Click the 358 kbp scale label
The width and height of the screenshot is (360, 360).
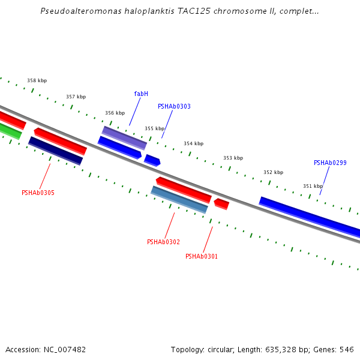pos(37,80)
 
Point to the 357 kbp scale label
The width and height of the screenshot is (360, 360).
pos(76,97)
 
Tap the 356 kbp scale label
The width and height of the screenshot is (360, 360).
pos(115,113)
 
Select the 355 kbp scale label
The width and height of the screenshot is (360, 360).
pos(154,128)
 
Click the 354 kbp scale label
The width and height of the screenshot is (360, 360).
pos(193,143)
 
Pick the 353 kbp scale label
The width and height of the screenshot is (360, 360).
pos(233,158)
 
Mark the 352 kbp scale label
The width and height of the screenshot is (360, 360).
pos(273,172)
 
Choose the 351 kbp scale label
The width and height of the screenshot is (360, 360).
pos(313,186)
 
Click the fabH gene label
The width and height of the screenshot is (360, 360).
pos(141,94)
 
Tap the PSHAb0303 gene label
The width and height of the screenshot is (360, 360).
pos(174,106)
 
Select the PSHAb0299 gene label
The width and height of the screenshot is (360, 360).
pos(330,163)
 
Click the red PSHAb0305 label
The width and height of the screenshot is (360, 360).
pos(38,193)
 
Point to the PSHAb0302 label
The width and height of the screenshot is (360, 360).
pos(163,242)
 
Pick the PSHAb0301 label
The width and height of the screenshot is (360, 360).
pos(202,256)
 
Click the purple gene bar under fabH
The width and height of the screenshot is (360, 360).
pos(124,137)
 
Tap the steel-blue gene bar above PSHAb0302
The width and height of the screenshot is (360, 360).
pos(179,199)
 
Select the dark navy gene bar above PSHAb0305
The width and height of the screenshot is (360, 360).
pos(55,151)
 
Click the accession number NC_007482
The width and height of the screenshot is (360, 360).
pos(62,349)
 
